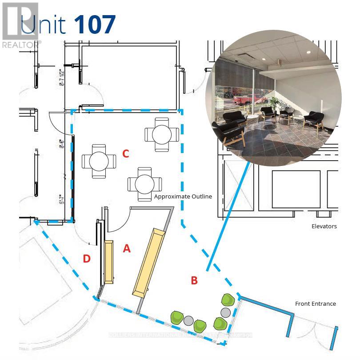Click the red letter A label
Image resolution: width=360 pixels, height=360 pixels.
click(x=127, y=249)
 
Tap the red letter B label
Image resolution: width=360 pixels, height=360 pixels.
click(x=194, y=280)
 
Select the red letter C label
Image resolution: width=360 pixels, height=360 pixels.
click(x=126, y=154)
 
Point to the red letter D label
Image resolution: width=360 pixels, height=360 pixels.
click(x=87, y=259)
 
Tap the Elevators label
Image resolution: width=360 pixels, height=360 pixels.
click(x=324, y=226)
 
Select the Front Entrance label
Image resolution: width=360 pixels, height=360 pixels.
click(x=316, y=303)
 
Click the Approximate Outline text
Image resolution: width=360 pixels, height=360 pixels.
click(x=183, y=196)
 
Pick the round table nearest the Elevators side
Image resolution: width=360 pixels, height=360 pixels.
click(x=162, y=133)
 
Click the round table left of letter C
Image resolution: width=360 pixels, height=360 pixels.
click(x=99, y=161)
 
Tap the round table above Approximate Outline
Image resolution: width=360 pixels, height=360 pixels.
click(x=145, y=183)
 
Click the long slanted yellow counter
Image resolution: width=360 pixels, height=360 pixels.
click(x=149, y=263)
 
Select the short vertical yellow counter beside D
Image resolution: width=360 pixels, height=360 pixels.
click(x=108, y=263)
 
